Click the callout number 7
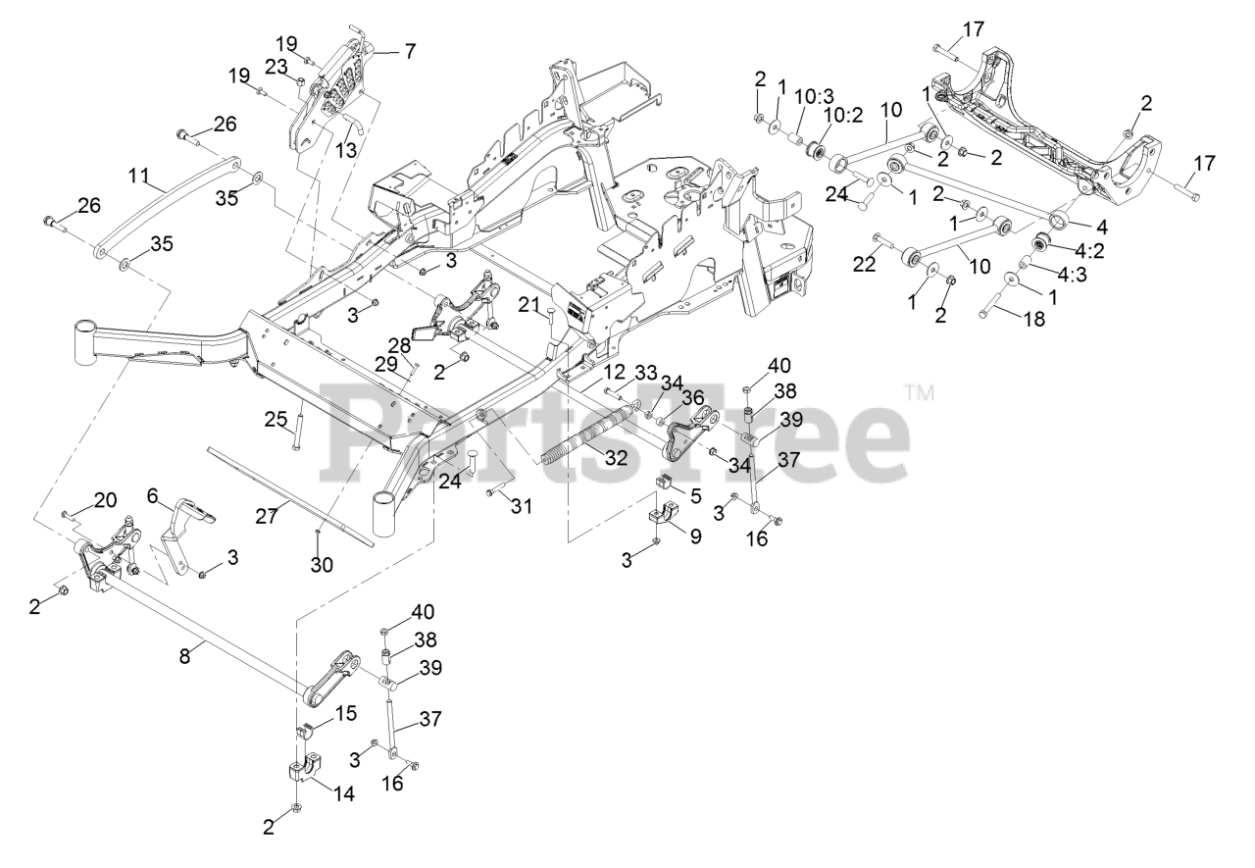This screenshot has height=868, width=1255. [x=410, y=51]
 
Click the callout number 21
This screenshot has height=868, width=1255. [x=528, y=307]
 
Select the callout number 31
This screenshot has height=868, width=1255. [x=522, y=507]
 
